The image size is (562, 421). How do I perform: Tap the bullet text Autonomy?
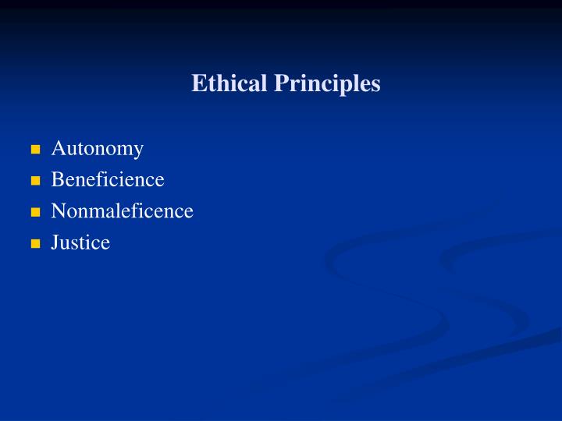click(98, 148)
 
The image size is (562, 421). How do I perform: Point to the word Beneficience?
click(108, 179)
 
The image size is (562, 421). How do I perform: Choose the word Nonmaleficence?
click(122, 210)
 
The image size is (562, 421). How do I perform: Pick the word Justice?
click(80, 242)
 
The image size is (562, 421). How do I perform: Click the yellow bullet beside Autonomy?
click(35, 149)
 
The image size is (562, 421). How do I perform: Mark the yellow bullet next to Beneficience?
click(35, 180)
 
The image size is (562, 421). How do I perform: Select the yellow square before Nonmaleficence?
click(35, 211)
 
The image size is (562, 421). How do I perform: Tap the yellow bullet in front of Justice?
click(35, 243)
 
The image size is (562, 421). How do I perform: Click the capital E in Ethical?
click(198, 83)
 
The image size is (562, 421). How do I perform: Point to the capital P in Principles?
click(279, 83)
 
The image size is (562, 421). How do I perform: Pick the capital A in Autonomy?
click(58, 148)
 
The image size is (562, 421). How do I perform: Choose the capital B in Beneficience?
click(57, 179)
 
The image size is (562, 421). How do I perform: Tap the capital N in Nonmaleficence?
click(58, 210)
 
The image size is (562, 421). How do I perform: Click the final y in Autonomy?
click(138, 150)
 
